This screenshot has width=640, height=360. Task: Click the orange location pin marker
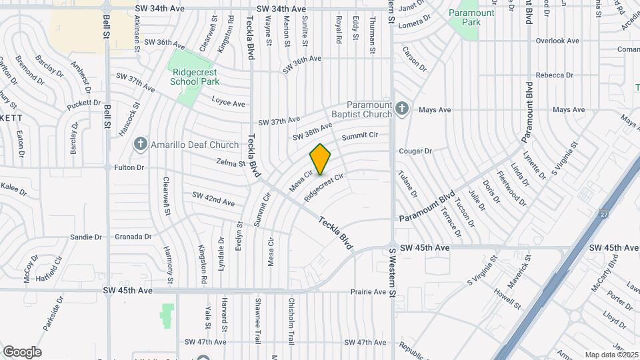[321, 159]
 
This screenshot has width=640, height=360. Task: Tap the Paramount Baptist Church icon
[401, 108]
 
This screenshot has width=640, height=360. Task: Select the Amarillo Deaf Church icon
[141, 144]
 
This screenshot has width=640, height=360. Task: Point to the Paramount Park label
[471, 13]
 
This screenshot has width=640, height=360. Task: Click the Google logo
[22, 351]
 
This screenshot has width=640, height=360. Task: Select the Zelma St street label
[231, 162]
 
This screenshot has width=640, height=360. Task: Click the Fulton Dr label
[129, 167]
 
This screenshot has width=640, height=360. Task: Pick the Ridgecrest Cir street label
[324, 187]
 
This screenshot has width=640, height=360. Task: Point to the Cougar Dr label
[415, 151]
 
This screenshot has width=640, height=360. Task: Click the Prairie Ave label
[369, 291]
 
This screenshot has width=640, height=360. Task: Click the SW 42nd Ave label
[213, 199]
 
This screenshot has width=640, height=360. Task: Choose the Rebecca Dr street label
[550, 75]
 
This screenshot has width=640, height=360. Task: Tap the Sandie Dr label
[86, 237]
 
